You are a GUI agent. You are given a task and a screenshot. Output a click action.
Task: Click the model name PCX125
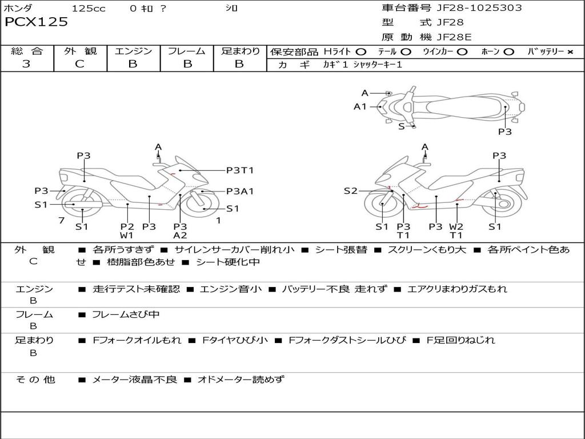coord(37,22)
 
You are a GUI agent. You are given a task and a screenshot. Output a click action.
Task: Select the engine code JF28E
coord(454,38)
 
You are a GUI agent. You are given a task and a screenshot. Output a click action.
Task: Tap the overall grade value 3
coord(26,64)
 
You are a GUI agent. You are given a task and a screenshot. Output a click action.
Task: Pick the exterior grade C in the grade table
coord(79,64)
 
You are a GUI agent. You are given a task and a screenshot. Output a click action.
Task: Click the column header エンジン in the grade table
coord(133,51)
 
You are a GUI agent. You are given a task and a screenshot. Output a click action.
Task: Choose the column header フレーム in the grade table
coord(187,51)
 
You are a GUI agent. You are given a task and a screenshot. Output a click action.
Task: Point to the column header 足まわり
coord(241,51)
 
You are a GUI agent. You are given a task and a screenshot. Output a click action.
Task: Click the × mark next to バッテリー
coord(570,52)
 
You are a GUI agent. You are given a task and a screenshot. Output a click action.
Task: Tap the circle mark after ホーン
coord(509,52)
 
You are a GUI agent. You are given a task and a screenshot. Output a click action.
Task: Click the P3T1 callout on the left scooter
coord(240,170)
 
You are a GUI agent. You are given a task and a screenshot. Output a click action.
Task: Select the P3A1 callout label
coord(240,191)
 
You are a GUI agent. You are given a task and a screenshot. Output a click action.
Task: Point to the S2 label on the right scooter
coord(350,191)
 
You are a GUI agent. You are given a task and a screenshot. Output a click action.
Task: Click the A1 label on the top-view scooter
coord(360,106)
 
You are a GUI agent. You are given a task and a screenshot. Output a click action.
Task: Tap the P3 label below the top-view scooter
coord(505,131)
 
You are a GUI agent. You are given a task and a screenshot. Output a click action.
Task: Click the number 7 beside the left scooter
coord(61,221)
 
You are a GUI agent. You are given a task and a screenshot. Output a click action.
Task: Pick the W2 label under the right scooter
coord(456,226)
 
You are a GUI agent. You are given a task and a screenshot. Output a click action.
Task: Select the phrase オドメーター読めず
coord(241,380)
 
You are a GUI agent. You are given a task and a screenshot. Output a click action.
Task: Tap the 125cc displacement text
coord(89,9)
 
